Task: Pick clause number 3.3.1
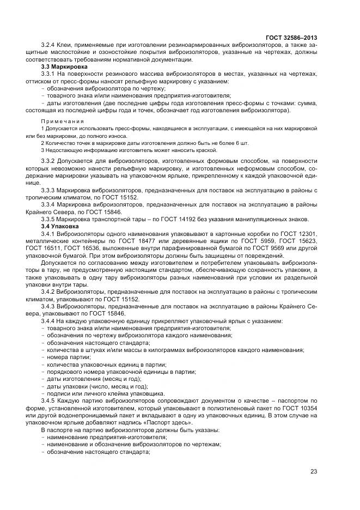pos(50,73)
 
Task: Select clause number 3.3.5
pos(50,218)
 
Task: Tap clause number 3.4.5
pos(50,400)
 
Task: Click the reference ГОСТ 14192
pos(166,218)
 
